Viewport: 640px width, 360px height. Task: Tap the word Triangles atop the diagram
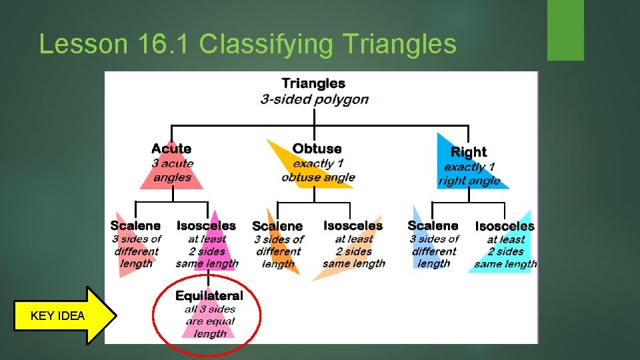[x=313, y=83]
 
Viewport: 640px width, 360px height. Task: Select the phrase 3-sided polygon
[x=314, y=99]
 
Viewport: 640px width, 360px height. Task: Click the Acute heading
[x=171, y=149]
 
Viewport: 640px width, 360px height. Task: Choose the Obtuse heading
[x=317, y=149]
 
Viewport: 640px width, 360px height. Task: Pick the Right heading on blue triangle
[x=469, y=152]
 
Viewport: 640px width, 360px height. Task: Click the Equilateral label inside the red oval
[x=209, y=295]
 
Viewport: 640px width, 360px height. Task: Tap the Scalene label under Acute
[x=135, y=226]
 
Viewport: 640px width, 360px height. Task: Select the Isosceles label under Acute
[x=206, y=226]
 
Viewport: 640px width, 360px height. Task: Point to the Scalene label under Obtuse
[x=277, y=227]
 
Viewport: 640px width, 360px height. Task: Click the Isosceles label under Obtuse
[x=353, y=226]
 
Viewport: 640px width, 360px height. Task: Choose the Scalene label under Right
[x=433, y=226]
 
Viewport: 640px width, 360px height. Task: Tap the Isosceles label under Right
[x=505, y=227]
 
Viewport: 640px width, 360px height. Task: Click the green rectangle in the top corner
[x=565, y=30]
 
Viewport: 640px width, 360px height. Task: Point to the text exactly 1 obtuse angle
[x=318, y=171]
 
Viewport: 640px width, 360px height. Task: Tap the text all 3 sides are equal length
[x=209, y=321]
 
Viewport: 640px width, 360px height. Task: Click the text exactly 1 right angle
[x=469, y=173]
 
